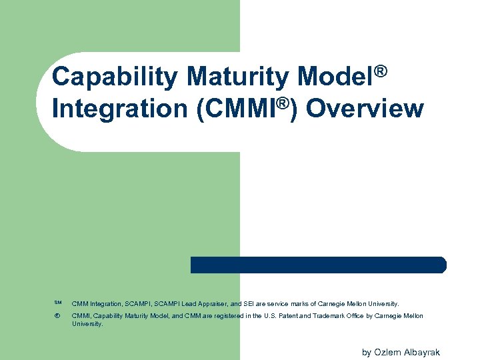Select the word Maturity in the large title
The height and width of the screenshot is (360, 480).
click(x=238, y=77)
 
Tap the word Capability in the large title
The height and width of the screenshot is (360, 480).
click(x=115, y=77)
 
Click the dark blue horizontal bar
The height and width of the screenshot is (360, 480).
click(x=318, y=265)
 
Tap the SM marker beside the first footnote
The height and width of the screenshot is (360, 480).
click(x=57, y=303)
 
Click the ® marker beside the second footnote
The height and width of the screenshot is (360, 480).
click(x=57, y=316)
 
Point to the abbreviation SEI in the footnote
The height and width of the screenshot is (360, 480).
click(x=249, y=303)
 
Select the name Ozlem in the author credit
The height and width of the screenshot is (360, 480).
click(x=388, y=352)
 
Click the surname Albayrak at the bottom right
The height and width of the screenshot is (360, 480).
click(x=423, y=352)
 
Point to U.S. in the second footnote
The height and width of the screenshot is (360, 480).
click(x=269, y=316)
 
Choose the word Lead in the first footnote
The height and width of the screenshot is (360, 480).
click(x=184, y=303)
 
